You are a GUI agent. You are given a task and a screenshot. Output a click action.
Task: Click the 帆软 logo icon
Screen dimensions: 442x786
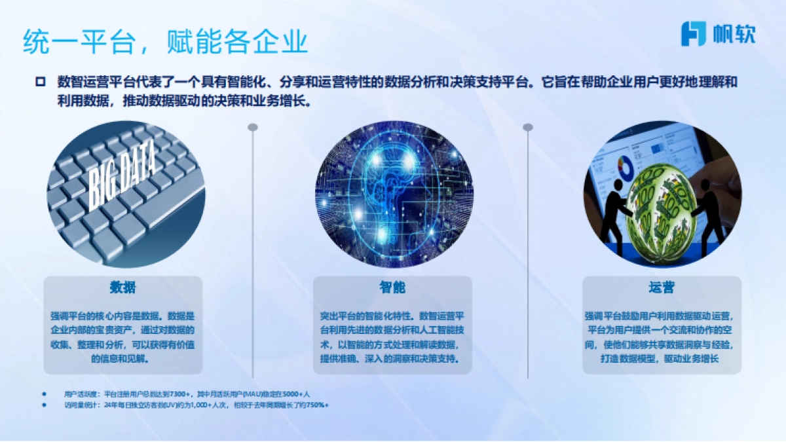694,33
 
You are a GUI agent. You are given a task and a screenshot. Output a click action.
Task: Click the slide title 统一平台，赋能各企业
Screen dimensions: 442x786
165,43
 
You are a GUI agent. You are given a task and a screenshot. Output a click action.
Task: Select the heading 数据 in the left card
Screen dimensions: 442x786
123,288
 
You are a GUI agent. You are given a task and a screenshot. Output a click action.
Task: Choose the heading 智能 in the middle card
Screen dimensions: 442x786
392,288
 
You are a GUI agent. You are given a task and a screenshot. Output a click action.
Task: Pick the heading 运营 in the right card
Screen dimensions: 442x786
662,288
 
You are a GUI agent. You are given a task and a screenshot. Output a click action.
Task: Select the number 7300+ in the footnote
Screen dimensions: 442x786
179,394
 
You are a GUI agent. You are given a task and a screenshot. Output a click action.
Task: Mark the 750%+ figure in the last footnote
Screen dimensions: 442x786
318,405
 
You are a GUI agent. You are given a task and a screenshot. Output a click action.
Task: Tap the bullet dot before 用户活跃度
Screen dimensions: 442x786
45,394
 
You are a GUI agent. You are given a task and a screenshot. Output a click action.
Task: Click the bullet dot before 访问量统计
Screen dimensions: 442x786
45,405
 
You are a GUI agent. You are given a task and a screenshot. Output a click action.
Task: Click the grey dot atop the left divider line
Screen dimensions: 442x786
253,127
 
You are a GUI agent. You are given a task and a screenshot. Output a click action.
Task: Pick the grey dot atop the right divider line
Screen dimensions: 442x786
527,127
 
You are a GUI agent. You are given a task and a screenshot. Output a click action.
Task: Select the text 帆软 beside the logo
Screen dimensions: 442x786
733,34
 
